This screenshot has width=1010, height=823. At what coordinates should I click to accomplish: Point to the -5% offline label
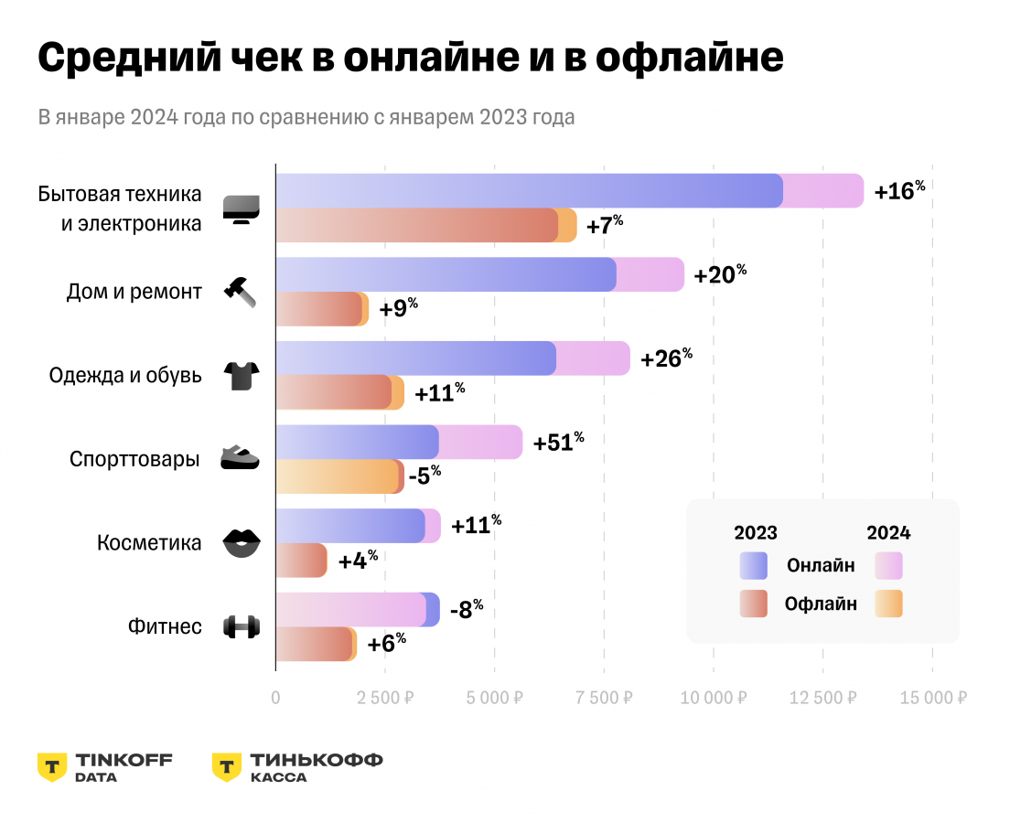pos(424,476)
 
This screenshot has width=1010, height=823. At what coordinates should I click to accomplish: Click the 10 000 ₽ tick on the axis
pos(713,698)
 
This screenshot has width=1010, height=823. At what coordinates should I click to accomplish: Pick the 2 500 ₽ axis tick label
pos(385,698)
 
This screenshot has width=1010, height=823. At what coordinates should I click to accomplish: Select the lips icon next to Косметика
pos(242,543)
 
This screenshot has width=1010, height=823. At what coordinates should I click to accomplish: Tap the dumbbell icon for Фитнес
pos(242,627)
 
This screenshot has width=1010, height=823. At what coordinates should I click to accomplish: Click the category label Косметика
pos(149,543)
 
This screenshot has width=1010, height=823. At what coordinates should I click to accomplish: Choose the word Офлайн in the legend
pos(821,604)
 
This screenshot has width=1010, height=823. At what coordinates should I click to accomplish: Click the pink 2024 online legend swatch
pos(888,566)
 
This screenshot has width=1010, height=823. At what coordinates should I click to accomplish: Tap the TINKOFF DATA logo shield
pos(52,767)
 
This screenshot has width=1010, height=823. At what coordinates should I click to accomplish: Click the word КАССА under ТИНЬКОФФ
pos(279,777)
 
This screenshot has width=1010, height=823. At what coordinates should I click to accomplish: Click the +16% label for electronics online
pos(899,190)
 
